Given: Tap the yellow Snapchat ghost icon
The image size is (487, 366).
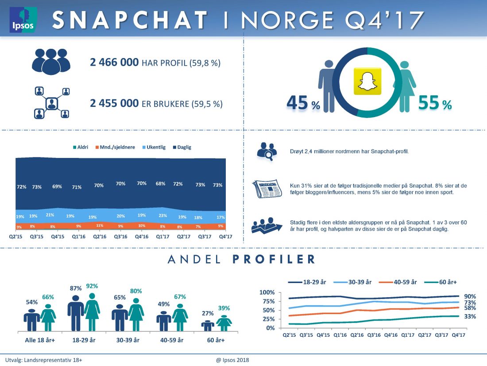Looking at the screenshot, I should point(366,81).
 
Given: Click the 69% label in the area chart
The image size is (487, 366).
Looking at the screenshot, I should point(57,186).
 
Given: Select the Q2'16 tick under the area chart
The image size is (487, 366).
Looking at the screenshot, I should point(99,236).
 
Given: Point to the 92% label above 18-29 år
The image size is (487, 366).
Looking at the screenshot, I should point(92,286).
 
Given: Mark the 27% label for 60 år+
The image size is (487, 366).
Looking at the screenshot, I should point(208,313).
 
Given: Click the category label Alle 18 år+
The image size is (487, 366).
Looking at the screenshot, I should point(39,340).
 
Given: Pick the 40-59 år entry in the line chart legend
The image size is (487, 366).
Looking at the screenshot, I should point(404,282).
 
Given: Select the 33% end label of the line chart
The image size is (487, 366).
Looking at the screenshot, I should point(470,316).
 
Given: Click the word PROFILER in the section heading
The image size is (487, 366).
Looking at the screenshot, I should point(274,260).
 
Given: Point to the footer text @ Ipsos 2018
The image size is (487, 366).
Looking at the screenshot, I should point(232,360).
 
